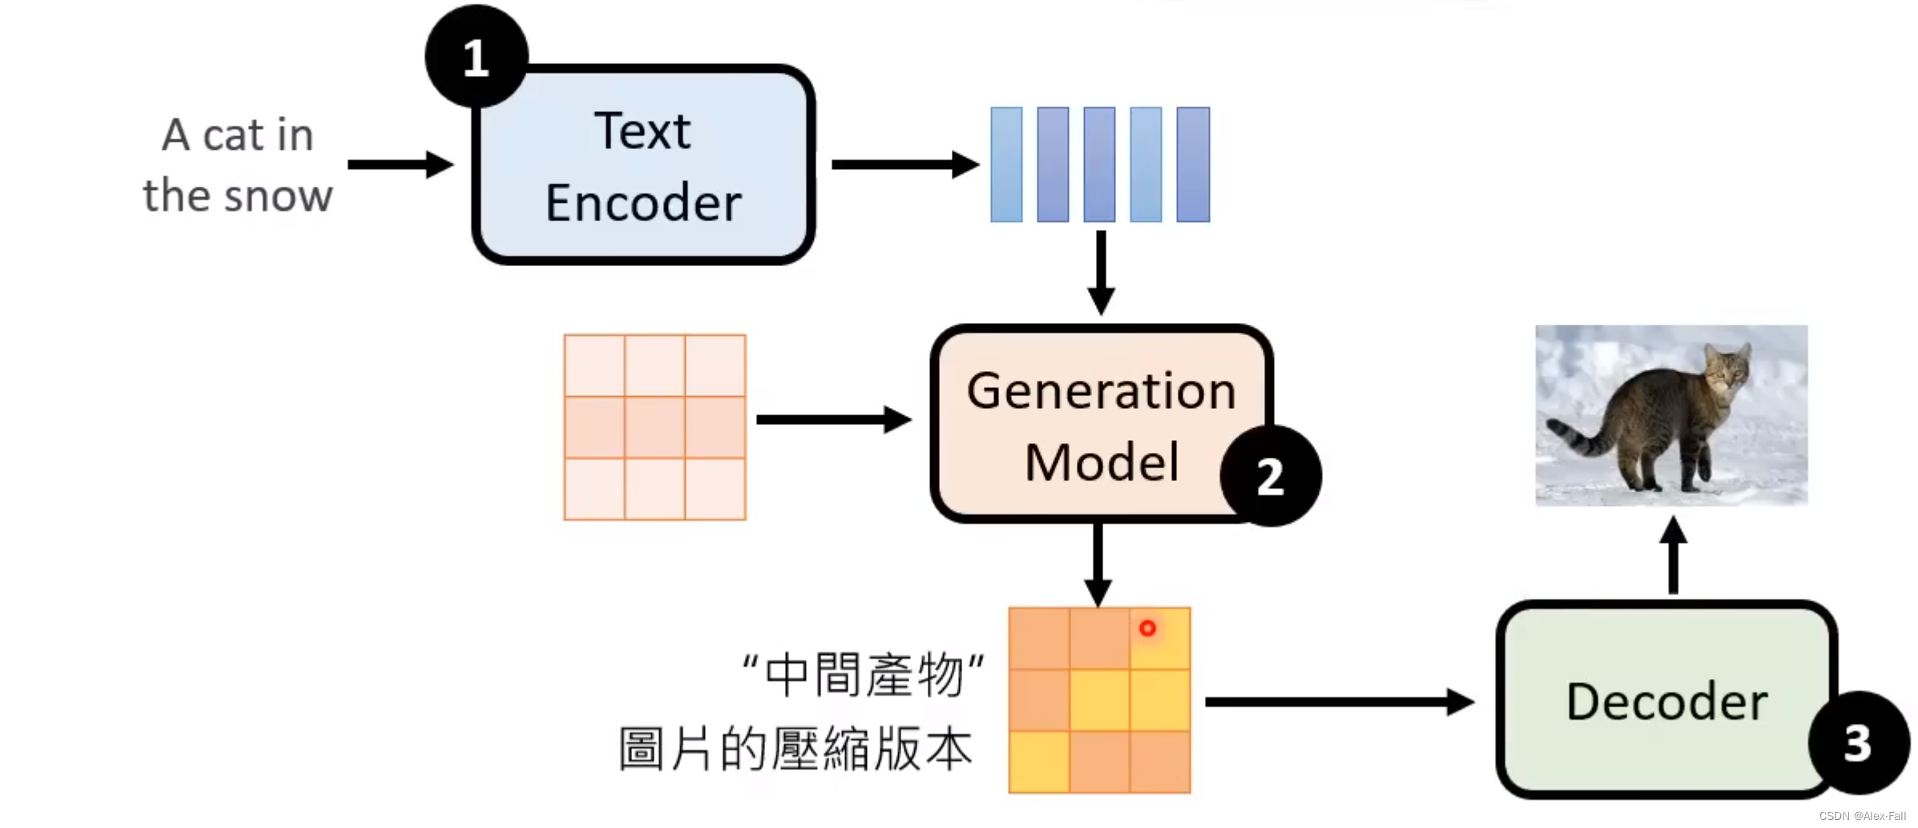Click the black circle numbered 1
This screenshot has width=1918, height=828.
pyautogui.click(x=476, y=56)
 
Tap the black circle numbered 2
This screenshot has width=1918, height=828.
pyautogui.click(x=1270, y=476)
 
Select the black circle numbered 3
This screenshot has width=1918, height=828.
pyautogui.click(x=1858, y=742)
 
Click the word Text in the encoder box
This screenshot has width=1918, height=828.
pyautogui.click(x=642, y=131)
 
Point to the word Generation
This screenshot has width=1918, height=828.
pyautogui.click(x=1101, y=391)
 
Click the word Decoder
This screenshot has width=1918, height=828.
pyautogui.click(x=1666, y=702)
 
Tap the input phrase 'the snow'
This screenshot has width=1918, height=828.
pyautogui.click(x=237, y=196)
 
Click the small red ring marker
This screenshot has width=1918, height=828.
pyautogui.click(x=1147, y=628)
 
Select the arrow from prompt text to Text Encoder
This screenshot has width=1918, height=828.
pyautogui.click(x=401, y=165)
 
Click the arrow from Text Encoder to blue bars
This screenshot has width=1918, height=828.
pyautogui.click(x=905, y=165)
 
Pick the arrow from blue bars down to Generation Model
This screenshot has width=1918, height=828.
pyautogui.click(x=1101, y=273)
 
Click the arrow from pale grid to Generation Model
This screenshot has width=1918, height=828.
pyautogui.click(x=833, y=419)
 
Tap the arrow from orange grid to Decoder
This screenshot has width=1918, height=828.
pyautogui.click(x=1338, y=702)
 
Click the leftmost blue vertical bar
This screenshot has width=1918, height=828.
pyautogui.click(x=1006, y=164)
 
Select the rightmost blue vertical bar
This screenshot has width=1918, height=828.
pyautogui.click(x=1193, y=164)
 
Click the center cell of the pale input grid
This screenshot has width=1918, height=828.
pyautogui.click(x=655, y=427)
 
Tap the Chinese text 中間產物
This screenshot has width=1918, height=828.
pyautogui.click(x=864, y=675)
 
